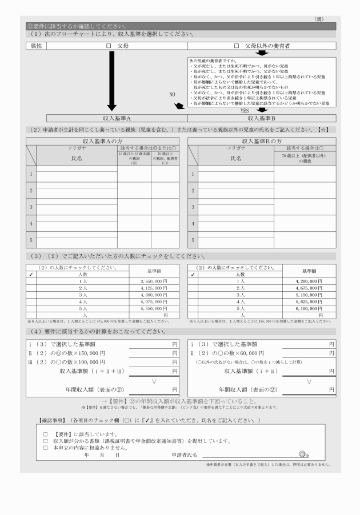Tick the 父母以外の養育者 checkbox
(x=236, y=45)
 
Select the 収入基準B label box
(x=261, y=118)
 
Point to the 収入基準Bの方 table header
(x=262, y=140)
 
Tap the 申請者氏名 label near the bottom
(x=184, y=455)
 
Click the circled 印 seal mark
(x=302, y=455)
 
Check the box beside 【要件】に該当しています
(x=45, y=434)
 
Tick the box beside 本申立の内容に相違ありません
(x=45, y=447)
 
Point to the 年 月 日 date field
(x=101, y=455)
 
